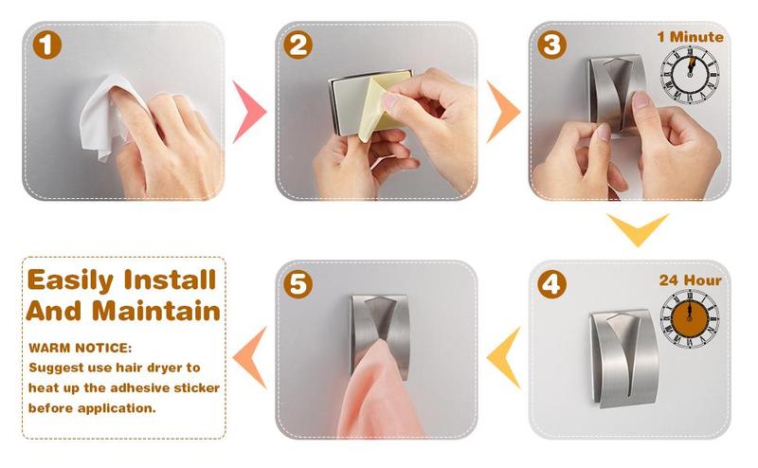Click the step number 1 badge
tap(46, 45)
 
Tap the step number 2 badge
tap(298, 45)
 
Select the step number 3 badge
tap(551, 45)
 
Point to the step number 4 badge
tap(551, 284)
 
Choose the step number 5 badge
tap(298, 284)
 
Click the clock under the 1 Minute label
tap(690, 75)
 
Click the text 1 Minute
tap(691, 37)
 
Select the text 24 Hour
tap(691, 280)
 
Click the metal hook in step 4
tap(624, 358)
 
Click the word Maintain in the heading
tap(156, 311)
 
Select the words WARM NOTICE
tap(80, 348)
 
